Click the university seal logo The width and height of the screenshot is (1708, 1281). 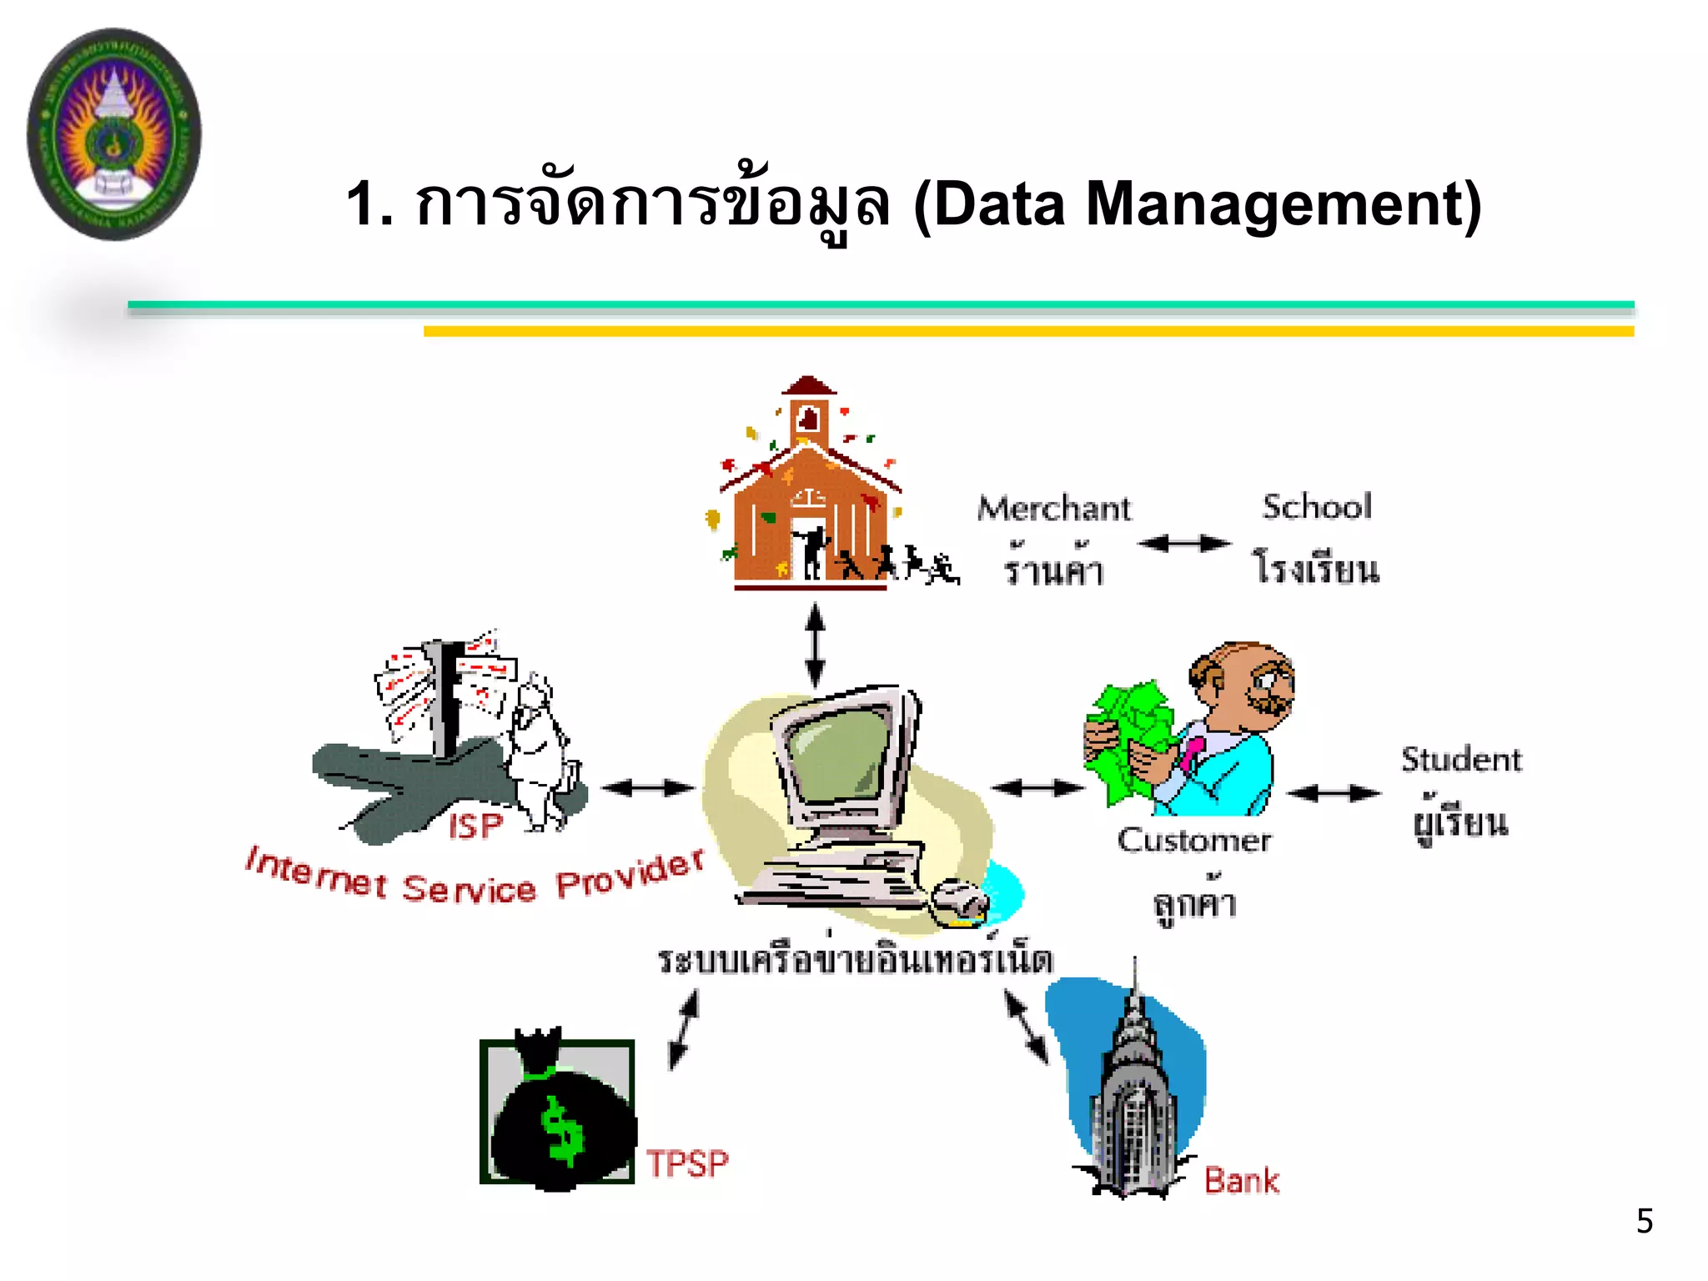[x=114, y=134]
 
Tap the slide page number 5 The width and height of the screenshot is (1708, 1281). [x=1644, y=1221]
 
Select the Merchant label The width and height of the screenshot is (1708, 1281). [x=1054, y=509]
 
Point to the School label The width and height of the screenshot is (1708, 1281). [x=1317, y=507]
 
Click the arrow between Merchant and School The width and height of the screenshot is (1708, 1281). [x=1184, y=544]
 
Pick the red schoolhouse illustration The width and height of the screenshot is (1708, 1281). [x=809, y=492]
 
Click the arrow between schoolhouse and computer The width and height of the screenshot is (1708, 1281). [x=816, y=646]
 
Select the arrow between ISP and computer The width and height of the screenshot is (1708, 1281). [x=647, y=787]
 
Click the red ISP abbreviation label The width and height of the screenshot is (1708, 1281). [x=475, y=826]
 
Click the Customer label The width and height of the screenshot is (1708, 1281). [x=1194, y=841]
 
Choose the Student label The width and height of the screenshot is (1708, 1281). [x=1461, y=760]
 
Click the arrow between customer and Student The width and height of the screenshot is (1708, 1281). [x=1334, y=793]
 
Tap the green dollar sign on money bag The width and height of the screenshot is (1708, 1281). [x=562, y=1129]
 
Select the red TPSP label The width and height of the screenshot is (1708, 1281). [x=688, y=1163]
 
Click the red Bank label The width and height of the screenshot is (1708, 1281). [x=1241, y=1181]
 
